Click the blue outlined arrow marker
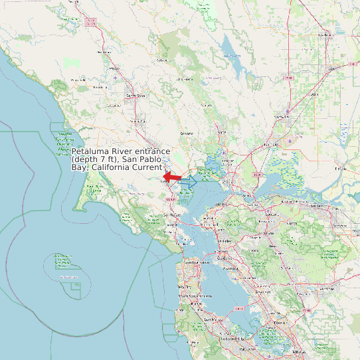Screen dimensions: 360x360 [189, 181]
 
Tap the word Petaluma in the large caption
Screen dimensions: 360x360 [90, 152]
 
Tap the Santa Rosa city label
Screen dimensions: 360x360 [135, 96]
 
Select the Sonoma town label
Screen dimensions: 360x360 [187, 133]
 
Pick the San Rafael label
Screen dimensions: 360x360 [172, 215]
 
